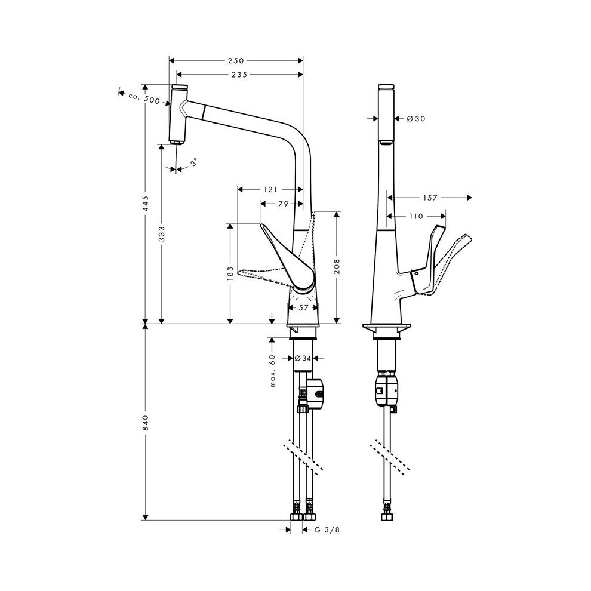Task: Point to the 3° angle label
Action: [x=193, y=162]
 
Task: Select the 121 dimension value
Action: [x=270, y=190]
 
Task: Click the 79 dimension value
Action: [x=284, y=204]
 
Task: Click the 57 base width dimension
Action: [x=303, y=307]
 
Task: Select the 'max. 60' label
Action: [x=272, y=370]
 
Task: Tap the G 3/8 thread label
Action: [x=325, y=529]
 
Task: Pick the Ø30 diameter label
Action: [x=415, y=119]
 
